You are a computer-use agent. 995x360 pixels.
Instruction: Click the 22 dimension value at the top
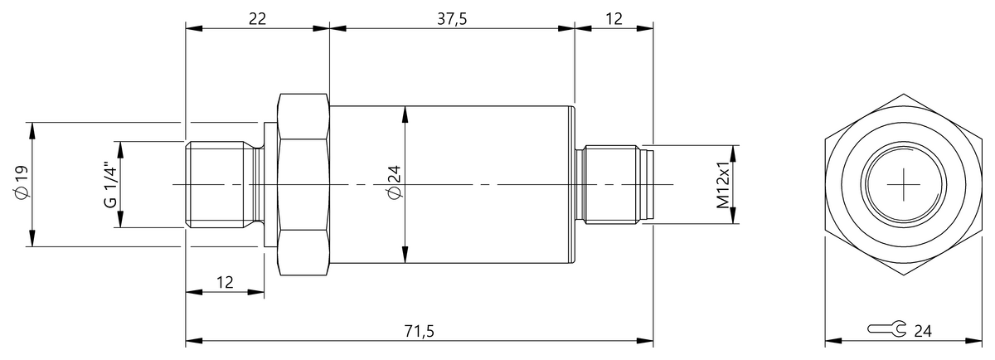(257, 19)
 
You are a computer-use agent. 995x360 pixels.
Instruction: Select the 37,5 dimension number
(451, 19)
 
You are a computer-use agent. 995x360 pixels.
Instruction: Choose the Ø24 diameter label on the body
(394, 183)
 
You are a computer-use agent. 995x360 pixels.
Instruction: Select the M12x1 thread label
(722, 184)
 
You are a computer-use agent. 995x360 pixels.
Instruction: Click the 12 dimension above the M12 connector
(614, 19)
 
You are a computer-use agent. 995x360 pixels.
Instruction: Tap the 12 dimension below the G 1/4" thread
(225, 282)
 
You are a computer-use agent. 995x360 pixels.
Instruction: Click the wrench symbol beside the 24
(886, 330)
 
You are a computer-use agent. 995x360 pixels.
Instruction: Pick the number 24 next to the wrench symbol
(922, 331)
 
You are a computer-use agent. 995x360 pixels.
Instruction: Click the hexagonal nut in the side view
(303, 184)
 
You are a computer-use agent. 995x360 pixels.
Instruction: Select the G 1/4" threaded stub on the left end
(220, 184)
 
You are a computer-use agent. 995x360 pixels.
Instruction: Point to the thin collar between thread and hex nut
(269, 184)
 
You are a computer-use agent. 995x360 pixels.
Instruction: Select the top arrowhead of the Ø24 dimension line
(405, 113)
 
